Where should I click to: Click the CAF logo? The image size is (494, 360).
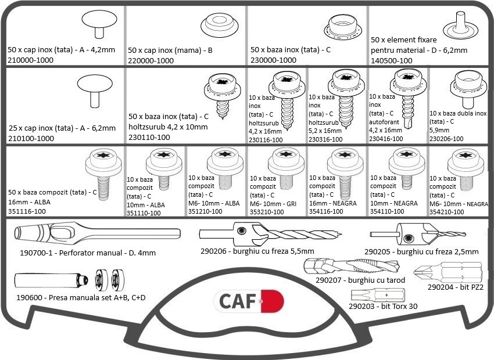(x=249, y=301)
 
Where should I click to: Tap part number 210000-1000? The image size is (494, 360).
(x=31, y=60)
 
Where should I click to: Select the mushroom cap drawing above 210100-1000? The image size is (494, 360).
(x=95, y=91)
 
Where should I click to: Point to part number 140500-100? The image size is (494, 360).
(x=392, y=60)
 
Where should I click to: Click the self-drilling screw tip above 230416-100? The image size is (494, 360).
(x=408, y=125)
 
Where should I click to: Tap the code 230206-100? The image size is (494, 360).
(x=446, y=139)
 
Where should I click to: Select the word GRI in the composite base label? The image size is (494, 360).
(x=291, y=204)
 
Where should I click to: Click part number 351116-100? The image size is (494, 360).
(x=27, y=211)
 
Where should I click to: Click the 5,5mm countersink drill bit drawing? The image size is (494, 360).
(x=270, y=235)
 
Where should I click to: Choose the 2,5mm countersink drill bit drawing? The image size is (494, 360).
(x=418, y=234)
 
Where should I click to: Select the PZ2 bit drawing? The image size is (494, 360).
(x=448, y=272)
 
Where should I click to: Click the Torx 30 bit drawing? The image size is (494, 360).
(x=378, y=295)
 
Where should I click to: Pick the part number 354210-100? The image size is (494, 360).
(x=447, y=212)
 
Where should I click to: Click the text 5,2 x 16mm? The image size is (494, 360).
(x=325, y=131)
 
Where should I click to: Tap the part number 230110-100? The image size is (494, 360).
(x=149, y=137)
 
